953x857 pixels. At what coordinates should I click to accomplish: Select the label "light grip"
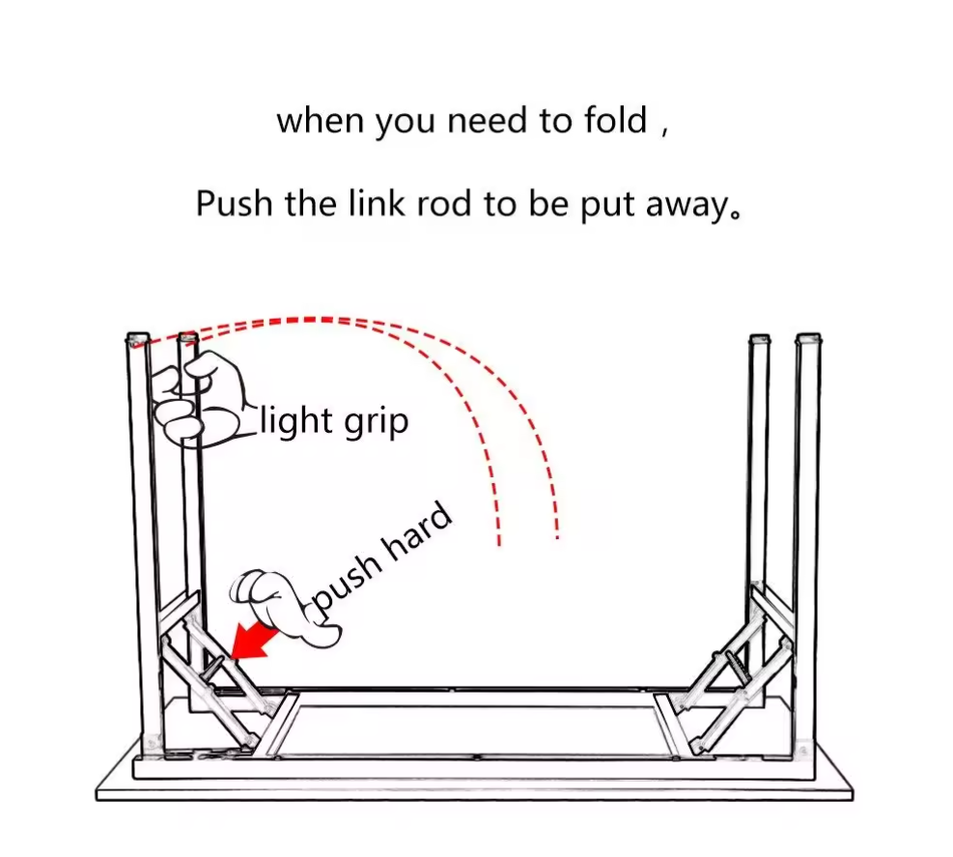[334, 422]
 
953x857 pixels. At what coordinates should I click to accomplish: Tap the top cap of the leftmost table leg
[137, 339]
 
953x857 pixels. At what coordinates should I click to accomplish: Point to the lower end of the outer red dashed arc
[557, 534]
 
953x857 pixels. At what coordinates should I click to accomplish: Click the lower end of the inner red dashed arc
[498, 542]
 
